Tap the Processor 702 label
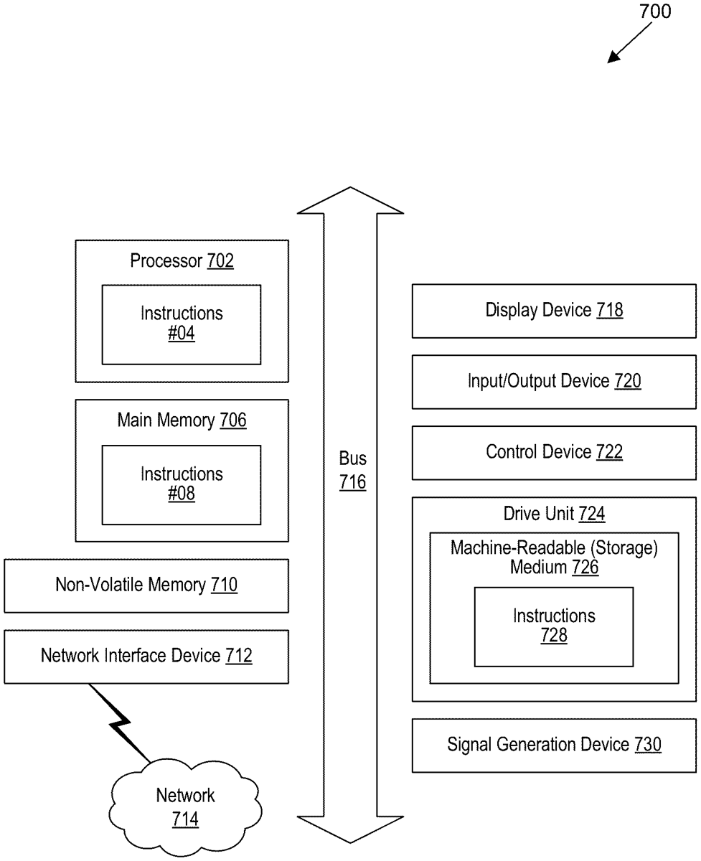(182, 261)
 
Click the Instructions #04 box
(181, 324)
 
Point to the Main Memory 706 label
(182, 420)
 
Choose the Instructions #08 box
(181, 484)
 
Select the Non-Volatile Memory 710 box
(146, 585)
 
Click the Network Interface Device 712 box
(146, 656)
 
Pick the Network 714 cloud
(185, 806)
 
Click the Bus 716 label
(352, 471)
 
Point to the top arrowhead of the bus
(351, 201)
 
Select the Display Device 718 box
(554, 311)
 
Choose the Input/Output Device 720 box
(554, 381)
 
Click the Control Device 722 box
(554, 452)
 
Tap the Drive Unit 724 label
(554, 514)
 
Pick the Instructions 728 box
(554, 626)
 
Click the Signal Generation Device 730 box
(554, 745)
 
